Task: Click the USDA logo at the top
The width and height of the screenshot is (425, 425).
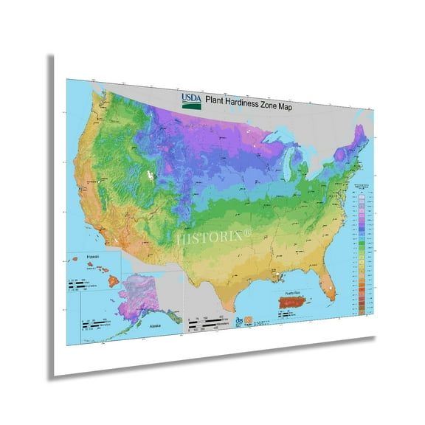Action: [189, 99]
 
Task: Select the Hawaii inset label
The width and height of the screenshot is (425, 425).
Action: [93, 258]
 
